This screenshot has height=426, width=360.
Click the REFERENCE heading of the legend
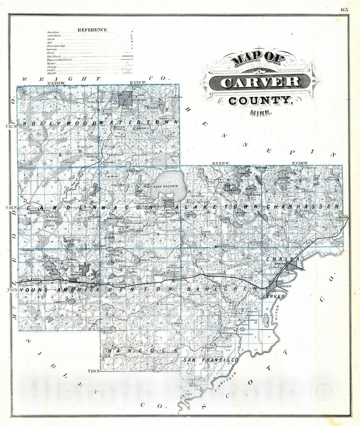pyautogui.click(x=92, y=30)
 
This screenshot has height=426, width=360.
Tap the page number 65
pyautogui.click(x=344, y=9)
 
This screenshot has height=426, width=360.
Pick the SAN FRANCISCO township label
pyautogui.click(x=211, y=360)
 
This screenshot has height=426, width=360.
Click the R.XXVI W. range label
pyautogui.click(x=57, y=83)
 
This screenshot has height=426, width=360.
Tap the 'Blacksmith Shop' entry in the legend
pyautogui.click(x=56, y=46)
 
